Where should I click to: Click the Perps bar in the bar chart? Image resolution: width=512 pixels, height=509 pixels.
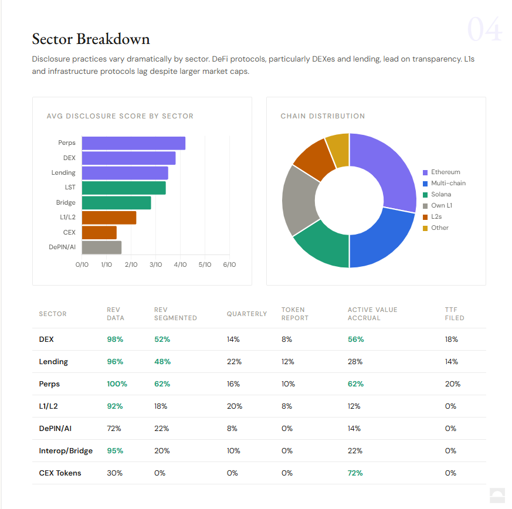[133, 143]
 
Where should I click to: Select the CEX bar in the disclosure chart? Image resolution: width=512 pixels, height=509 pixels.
[99, 233]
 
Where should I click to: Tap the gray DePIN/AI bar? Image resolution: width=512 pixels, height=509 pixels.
[101, 247]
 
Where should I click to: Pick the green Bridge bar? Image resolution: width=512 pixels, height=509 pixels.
[116, 203]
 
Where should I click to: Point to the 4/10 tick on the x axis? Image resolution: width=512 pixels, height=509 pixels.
[180, 264]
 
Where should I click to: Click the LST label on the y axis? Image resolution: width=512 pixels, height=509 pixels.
[70, 188]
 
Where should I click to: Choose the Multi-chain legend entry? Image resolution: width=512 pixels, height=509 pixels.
[447, 184]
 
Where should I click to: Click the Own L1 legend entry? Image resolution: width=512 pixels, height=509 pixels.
[441, 206]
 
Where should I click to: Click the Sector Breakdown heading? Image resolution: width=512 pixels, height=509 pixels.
[91, 39]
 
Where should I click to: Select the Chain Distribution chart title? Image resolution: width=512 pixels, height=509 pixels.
[323, 116]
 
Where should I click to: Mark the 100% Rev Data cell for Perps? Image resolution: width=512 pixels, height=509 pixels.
[117, 384]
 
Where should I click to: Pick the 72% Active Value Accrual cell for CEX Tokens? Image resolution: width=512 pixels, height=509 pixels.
[355, 473]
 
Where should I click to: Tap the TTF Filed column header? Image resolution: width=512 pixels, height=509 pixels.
[455, 314]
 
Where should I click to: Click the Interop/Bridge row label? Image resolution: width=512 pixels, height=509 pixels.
[66, 451]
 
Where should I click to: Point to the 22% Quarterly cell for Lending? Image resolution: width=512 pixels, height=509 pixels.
[234, 362]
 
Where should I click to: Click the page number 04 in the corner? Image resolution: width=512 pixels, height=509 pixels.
[484, 30]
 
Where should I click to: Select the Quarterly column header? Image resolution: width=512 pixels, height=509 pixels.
[247, 314]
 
